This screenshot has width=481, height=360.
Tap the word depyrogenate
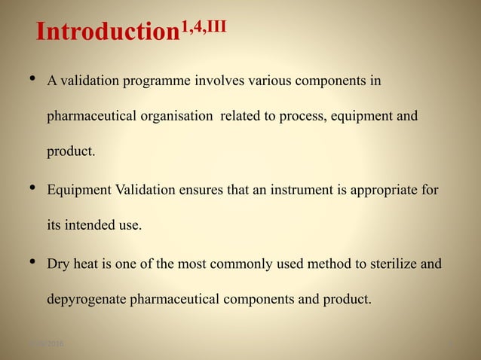pos(87,301)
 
